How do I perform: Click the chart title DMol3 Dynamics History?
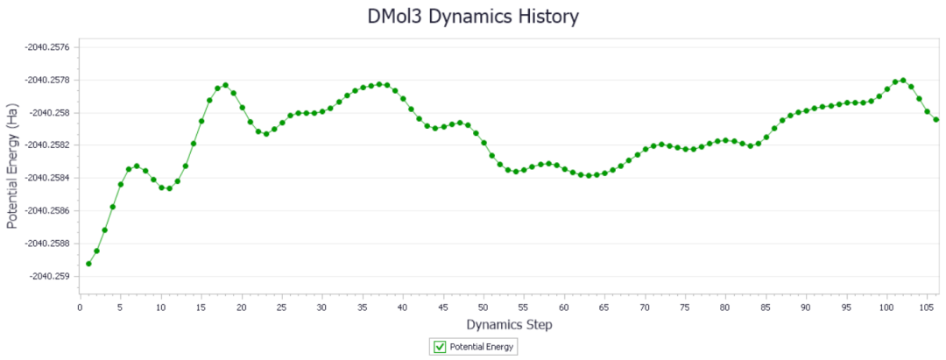473,17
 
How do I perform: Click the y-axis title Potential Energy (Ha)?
11,166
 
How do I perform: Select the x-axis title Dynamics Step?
509,324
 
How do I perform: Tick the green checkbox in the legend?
440,347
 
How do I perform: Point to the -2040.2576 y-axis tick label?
47,47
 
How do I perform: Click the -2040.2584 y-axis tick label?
47,178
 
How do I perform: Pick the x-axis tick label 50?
484,307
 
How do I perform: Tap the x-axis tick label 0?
81,307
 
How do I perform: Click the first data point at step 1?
88,264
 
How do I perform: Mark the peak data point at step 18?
226,85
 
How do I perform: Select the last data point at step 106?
935,119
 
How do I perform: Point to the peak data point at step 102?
903,81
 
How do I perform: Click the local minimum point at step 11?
170,188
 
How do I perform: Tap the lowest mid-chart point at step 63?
589,175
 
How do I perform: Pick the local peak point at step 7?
137,166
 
